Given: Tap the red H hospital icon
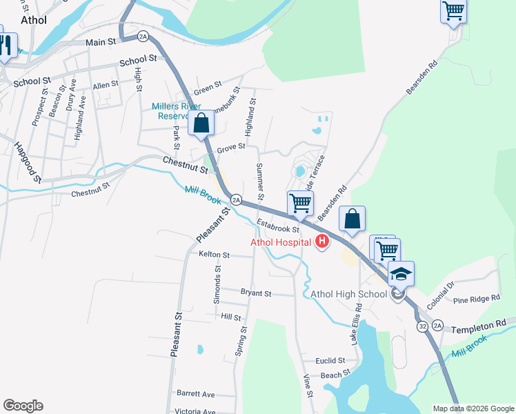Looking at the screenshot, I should coord(321,241).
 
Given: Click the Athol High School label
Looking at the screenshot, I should coord(348,295).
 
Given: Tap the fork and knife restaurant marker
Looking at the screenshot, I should coord(6,46).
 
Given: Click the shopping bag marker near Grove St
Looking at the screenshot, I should coord(201,124).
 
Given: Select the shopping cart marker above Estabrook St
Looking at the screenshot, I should coord(300,204).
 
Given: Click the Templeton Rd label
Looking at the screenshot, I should coord(479,323).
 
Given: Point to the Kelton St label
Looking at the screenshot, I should coord(214,255).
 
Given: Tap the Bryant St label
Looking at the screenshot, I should coord(255,293).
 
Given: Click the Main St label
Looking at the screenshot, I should coord(101,42).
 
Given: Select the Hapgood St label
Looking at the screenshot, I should coord(28,162).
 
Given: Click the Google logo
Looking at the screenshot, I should coord(23,406).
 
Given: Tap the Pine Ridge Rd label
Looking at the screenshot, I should coord(476,299).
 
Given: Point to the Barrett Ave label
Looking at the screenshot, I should coord(196,395).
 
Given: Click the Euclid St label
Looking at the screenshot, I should coord(330,361).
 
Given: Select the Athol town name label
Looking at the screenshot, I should coord(33,20).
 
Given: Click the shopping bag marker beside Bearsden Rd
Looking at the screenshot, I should coord(353,219).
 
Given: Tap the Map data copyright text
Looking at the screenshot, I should coord(473,408).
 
